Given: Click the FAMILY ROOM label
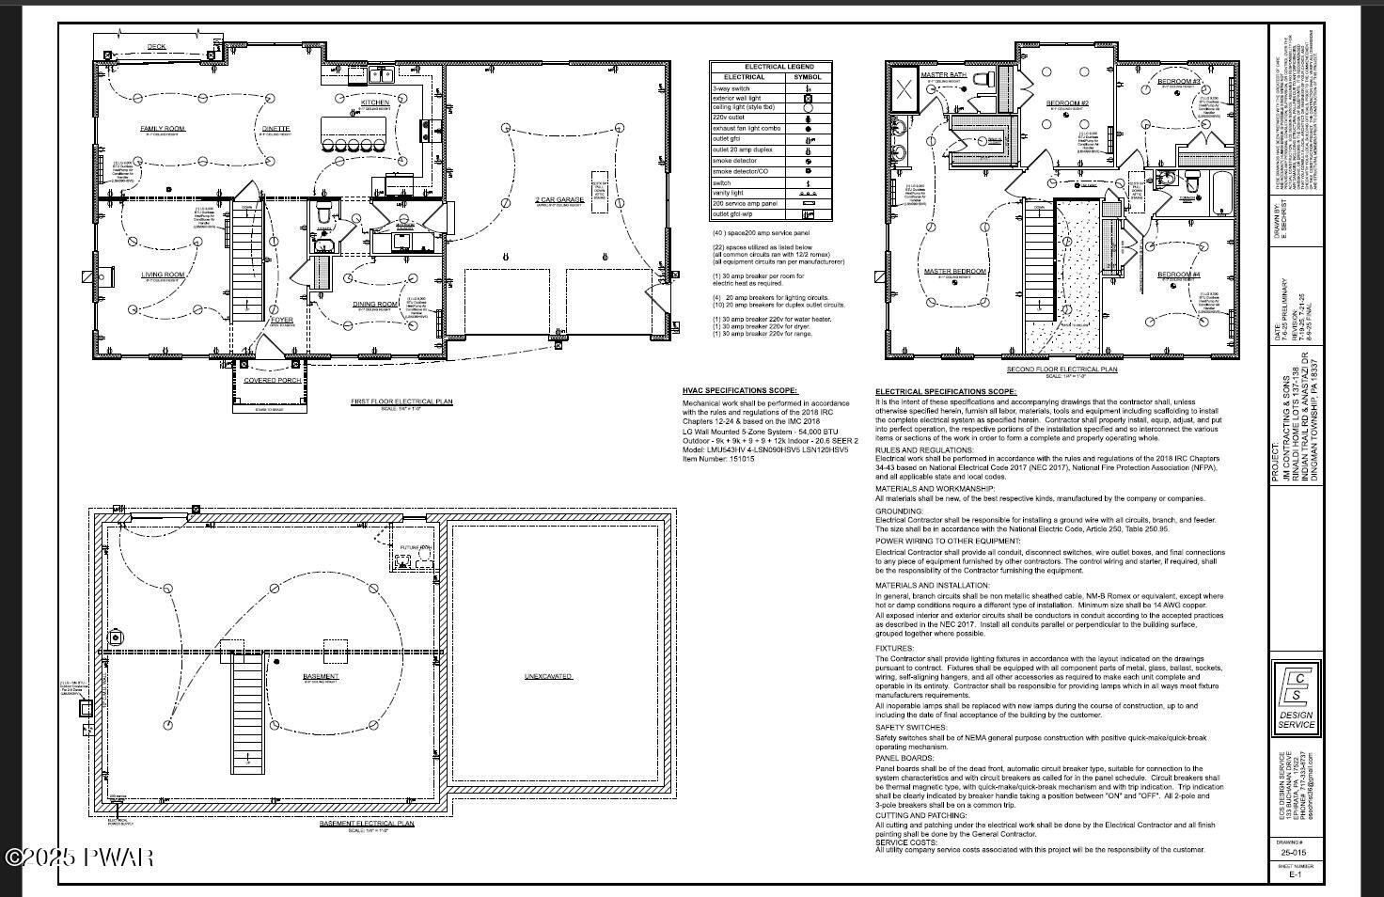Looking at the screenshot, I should pos(163,129).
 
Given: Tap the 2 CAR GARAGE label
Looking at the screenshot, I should pos(559,200).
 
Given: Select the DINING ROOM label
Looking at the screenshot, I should pos(375,305).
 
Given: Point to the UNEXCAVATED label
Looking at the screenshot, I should pos(548,677).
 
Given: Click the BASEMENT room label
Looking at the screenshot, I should pos(321,677).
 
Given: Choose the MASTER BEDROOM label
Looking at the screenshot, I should pos(954,272).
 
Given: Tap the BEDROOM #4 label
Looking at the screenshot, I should pos(1178,275).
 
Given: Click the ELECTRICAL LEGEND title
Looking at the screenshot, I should pos(778,67).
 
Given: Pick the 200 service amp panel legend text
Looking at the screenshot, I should pos(745,203).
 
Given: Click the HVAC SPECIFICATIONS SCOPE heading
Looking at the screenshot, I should pos(740,390).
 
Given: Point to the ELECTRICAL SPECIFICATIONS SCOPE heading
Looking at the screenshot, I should pos(945,391).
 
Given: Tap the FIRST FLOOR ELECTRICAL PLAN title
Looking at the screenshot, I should pos(401,401).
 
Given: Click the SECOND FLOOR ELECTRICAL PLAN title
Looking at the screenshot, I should pos(1062,370).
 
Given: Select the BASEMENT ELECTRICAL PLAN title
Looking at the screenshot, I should pos(367,824).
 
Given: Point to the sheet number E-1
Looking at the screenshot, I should pos(1295,874).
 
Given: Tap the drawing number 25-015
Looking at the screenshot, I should pos(1295,853).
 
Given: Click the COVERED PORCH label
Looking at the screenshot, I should pos(273,381).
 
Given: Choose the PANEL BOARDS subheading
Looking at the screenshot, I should pos(901,757).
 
